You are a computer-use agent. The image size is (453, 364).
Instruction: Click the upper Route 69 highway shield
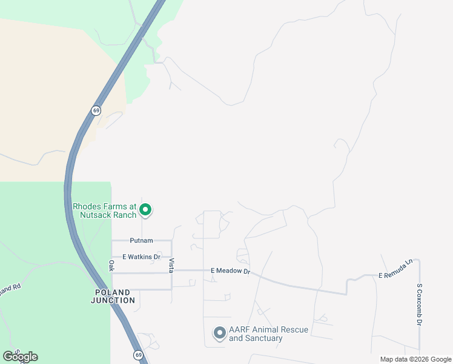pyautogui.click(x=96, y=110)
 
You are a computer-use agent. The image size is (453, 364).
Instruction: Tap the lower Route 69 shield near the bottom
pyautogui.click(x=138, y=355)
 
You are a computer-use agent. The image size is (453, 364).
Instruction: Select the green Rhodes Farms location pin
pyautogui.click(x=145, y=211)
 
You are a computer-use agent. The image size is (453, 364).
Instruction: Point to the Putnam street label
pyautogui.click(x=141, y=241)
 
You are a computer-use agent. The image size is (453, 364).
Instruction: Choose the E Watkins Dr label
pyautogui.click(x=141, y=257)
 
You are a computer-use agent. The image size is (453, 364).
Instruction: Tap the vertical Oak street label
pyautogui.click(x=111, y=266)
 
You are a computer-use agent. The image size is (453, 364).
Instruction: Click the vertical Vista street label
pyautogui.click(x=171, y=265)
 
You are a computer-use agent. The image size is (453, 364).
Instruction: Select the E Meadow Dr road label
pyautogui.click(x=230, y=271)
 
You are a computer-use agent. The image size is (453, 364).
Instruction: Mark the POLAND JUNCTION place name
pyautogui.click(x=114, y=296)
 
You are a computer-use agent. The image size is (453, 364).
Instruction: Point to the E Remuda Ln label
pyautogui.click(x=395, y=269)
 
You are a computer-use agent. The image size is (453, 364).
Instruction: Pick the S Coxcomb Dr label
pyautogui.click(x=418, y=305)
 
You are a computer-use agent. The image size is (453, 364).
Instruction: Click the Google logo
pyautogui.click(x=20, y=357)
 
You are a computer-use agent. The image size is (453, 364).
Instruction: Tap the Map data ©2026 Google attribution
pyautogui.click(x=415, y=359)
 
